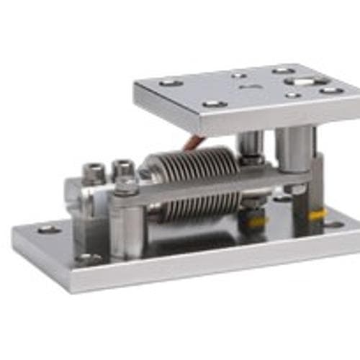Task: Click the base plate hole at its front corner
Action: point(89,258)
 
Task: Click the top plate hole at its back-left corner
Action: point(171,82)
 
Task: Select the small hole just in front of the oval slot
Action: point(292,94)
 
